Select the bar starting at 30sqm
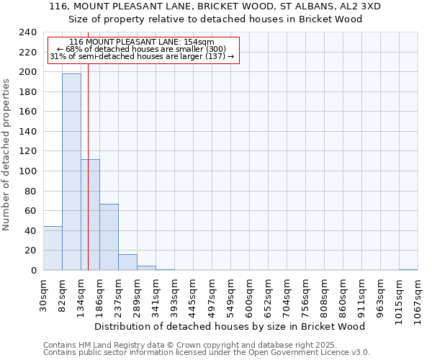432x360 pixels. click(x=53, y=248)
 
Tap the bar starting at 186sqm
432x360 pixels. click(x=109, y=237)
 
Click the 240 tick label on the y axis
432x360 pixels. click(x=27, y=32)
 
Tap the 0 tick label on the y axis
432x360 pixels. click(x=33, y=270)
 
